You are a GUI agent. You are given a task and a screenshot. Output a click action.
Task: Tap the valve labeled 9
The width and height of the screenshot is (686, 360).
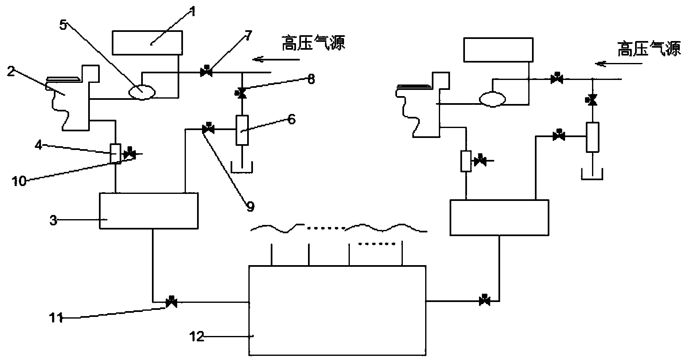pos(207,129)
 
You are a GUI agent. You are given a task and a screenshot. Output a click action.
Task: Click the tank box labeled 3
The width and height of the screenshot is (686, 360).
pos(149,211)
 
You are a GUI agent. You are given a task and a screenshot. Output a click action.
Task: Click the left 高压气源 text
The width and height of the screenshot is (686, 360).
pos(313,43)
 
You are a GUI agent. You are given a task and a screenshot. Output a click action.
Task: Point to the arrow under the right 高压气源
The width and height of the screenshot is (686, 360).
pos(619,64)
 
